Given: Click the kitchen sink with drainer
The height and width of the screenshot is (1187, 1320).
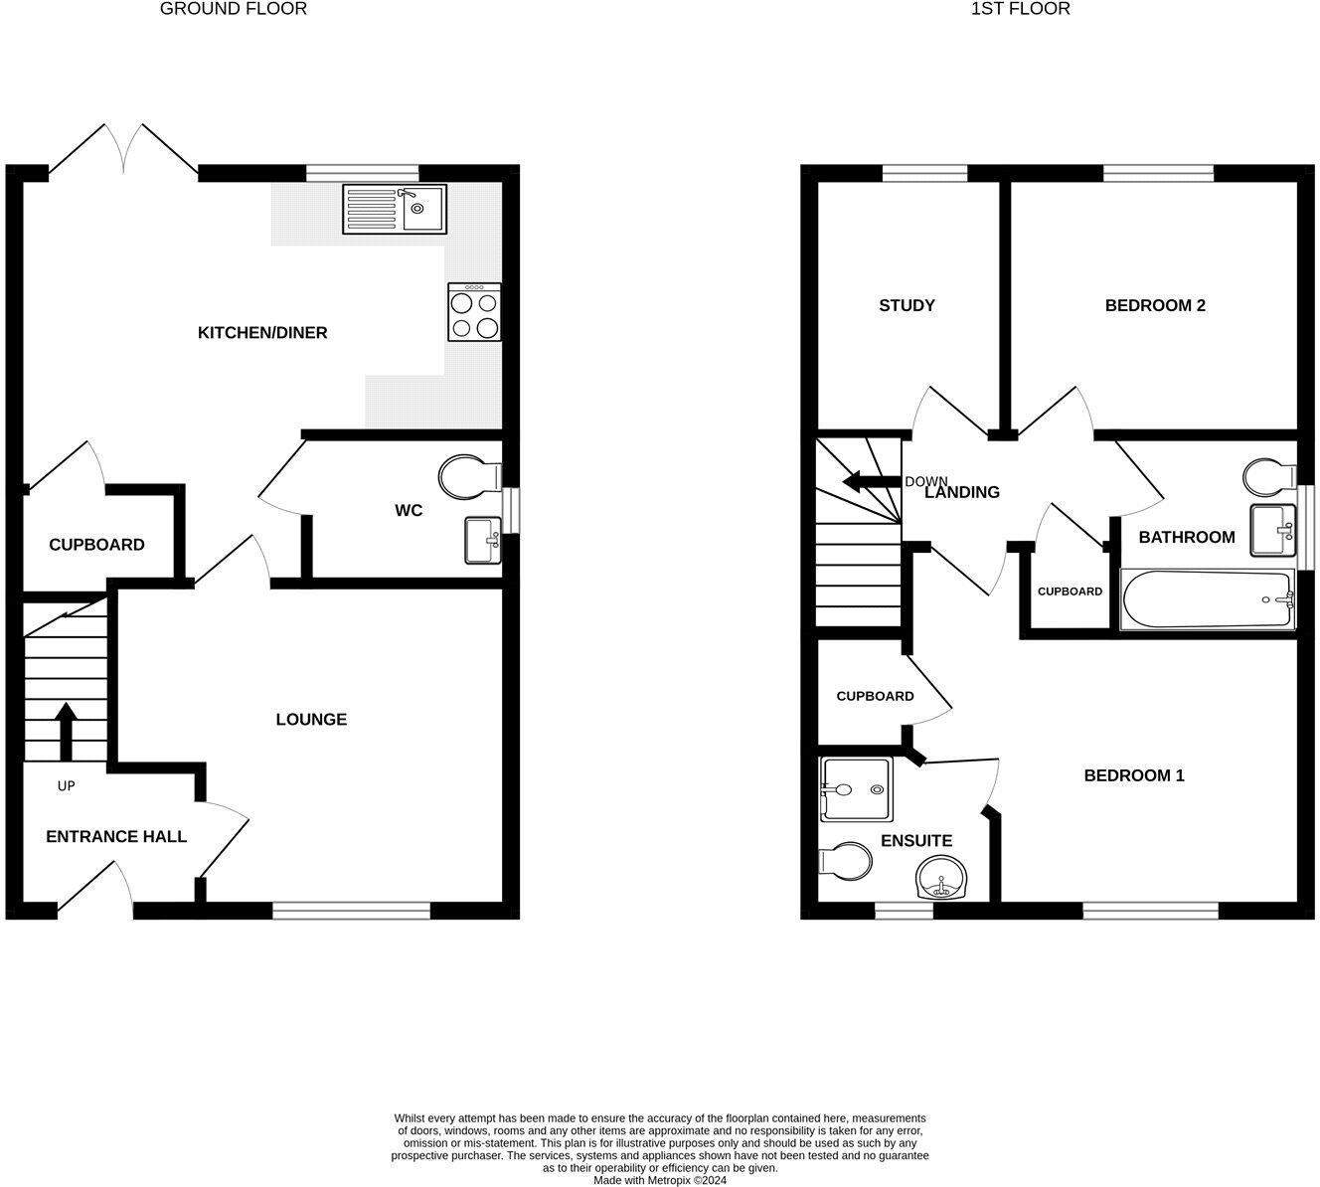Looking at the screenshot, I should [x=394, y=209].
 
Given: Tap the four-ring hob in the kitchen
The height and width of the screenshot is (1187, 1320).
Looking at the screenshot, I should [x=474, y=312].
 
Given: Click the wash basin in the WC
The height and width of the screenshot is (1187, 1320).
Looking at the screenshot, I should [x=483, y=540].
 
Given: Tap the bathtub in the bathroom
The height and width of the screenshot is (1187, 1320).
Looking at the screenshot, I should [x=1207, y=598].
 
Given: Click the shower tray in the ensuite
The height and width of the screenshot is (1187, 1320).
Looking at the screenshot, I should [x=853, y=789].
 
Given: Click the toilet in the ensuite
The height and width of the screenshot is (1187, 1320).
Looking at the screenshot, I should [x=844, y=862].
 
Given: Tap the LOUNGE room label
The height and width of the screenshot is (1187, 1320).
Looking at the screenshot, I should [x=311, y=719].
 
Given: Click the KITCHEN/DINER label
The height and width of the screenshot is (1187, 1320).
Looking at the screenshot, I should [x=262, y=332].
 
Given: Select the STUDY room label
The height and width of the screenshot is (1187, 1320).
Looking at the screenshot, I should [x=907, y=305].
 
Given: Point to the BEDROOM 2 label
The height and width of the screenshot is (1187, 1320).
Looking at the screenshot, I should [x=1155, y=305].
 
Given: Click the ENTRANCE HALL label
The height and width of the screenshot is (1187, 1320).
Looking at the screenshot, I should [x=116, y=836].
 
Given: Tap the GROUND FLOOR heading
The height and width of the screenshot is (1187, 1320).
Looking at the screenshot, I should [x=233, y=9].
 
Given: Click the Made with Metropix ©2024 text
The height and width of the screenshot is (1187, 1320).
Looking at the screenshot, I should [x=660, y=1180].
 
